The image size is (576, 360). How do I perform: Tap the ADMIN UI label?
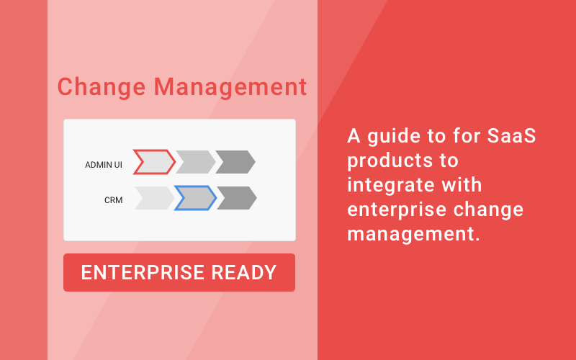[x=104, y=165]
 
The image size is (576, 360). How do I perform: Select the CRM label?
[x=113, y=200]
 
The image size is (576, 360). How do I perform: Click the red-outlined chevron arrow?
[x=153, y=162]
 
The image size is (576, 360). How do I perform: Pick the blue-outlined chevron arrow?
[x=194, y=198]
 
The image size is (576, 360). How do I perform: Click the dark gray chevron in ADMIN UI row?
[x=235, y=162]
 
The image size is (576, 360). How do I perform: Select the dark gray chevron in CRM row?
[x=236, y=198]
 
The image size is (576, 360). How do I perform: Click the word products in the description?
[x=385, y=160]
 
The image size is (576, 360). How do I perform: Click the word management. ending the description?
[x=413, y=234]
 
